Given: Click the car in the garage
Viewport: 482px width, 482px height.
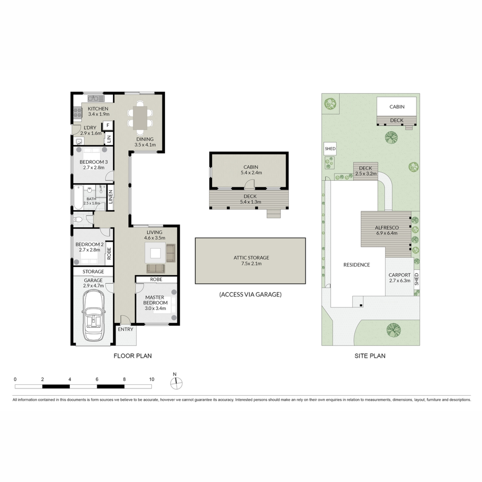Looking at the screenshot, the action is pos(93,315).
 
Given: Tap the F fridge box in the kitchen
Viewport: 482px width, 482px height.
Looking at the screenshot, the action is pos(108,125).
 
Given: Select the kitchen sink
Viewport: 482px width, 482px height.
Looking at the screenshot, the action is pos(96,98).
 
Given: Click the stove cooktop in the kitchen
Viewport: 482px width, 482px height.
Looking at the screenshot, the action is pos(78,112).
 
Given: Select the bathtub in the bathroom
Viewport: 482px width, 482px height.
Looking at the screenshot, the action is pos(78,197).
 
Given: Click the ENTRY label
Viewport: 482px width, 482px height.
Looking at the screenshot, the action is pos(126,329).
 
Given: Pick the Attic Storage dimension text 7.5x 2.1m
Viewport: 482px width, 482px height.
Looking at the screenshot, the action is pos(251,263).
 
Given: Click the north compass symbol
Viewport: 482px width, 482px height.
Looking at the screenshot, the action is pos(176,383).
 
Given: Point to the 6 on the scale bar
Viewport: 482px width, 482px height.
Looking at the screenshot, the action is pos(97,379).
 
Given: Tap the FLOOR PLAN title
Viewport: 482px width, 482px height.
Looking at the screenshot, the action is pos(133,356).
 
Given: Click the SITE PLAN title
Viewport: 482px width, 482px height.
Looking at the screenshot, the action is pos(370,356).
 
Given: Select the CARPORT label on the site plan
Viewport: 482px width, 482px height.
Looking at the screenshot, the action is pos(399,275).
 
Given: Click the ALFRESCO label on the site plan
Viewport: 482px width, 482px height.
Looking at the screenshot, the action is pos(387,227).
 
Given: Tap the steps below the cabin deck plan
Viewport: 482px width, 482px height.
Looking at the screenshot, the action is pos(274,213).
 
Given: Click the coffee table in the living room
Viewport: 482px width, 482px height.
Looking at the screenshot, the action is pos(155,253).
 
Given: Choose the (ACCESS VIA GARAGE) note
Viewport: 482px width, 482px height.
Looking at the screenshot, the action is pos(251,294).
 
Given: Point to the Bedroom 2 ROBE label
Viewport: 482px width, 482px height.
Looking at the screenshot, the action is pos(109,253).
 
